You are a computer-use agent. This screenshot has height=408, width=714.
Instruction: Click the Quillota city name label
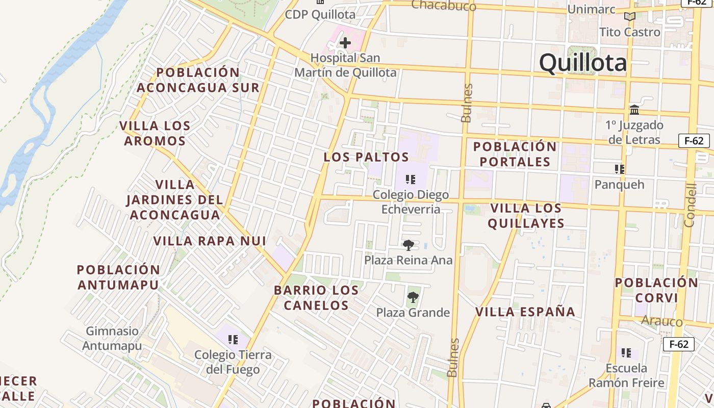[x=582, y=63]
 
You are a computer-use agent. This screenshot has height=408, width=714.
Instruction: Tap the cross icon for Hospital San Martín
[x=345, y=43]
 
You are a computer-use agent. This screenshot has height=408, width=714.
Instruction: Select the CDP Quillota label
[x=320, y=14]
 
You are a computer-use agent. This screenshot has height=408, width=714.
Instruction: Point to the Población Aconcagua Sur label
[x=198, y=80]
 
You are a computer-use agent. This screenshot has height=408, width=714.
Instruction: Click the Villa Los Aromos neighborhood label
[x=155, y=133]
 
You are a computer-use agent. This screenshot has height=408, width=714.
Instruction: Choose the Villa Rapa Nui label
[x=210, y=241]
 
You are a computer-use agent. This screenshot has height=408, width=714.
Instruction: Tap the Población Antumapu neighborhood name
[x=118, y=277]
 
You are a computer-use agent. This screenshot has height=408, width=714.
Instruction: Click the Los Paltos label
[x=366, y=157]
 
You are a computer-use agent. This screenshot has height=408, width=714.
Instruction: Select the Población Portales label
[x=515, y=154]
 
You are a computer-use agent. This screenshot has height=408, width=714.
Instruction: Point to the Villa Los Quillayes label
[x=526, y=216]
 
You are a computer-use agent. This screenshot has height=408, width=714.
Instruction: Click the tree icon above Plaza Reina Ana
[x=408, y=245]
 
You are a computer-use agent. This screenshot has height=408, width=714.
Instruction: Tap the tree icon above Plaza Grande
[x=413, y=297]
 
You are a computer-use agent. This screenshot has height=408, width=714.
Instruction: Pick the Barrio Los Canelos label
[x=316, y=298]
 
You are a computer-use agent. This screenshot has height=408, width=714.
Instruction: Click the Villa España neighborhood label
[x=525, y=312]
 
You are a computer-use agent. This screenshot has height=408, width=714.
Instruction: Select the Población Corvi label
[x=656, y=290]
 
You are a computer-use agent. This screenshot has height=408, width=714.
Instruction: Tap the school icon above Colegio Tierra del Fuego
[x=233, y=340]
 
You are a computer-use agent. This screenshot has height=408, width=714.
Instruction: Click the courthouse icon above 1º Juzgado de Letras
[x=634, y=110]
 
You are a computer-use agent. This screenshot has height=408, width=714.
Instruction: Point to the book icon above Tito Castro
[x=630, y=17]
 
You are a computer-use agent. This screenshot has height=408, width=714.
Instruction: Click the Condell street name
[x=690, y=205]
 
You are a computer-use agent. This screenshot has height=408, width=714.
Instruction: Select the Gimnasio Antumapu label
[x=112, y=338]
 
